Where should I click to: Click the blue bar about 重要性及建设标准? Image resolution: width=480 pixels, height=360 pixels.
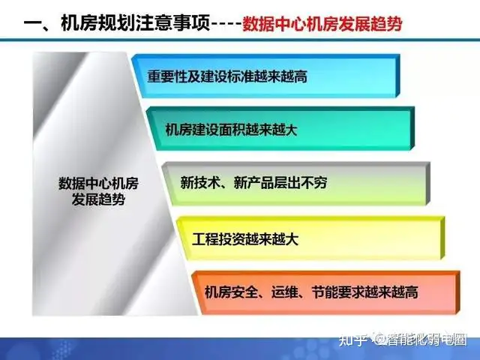(x=265, y=76)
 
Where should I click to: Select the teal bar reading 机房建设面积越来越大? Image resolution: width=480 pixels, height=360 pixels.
(x=280, y=129)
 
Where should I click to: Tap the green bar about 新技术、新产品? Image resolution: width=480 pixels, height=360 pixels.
(x=295, y=183)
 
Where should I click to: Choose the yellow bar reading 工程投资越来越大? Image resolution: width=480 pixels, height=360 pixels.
(x=310, y=238)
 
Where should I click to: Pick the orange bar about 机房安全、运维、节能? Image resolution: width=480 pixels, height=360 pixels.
(x=325, y=292)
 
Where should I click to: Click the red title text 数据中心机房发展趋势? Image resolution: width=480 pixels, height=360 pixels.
(x=322, y=24)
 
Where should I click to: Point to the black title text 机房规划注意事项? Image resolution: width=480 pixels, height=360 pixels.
(x=136, y=23)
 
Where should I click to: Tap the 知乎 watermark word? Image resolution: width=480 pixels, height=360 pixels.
(x=352, y=340)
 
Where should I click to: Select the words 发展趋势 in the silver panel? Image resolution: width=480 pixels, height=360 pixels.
(x=98, y=200)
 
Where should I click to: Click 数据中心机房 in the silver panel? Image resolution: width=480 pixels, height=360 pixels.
(x=98, y=183)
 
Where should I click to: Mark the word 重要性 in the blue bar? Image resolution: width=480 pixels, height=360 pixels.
(x=167, y=76)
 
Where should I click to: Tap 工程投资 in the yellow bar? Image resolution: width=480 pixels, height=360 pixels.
(x=218, y=239)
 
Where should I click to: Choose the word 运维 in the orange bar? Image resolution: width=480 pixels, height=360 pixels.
(x=285, y=292)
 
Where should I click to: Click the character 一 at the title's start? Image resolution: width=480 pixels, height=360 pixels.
(x=32, y=24)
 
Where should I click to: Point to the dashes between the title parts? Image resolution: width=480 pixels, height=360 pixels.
(x=226, y=25)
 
